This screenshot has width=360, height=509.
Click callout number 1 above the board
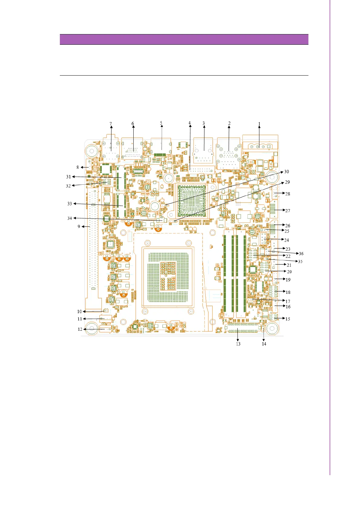pyautogui.click(x=259, y=124)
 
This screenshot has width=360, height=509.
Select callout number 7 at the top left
pyautogui.click(x=111, y=124)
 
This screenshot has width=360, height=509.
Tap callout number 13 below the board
pyautogui.click(x=238, y=344)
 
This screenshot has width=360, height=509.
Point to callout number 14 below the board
pyautogui.click(x=264, y=344)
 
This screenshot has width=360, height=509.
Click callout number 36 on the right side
pyautogui.click(x=301, y=254)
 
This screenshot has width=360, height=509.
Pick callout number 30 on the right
pyautogui.click(x=287, y=172)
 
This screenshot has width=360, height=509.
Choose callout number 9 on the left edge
pyautogui.click(x=79, y=226)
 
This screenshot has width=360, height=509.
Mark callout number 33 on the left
pyautogui.click(x=70, y=204)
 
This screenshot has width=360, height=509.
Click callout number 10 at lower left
pyautogui.click(x=79, y=312)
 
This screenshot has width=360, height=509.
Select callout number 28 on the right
pyautogui.click(x=288, y=194)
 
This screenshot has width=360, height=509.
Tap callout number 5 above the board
pyautogui.click(x=161, y=123)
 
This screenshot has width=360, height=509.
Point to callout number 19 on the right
pyautogui.click(x=288, y=280)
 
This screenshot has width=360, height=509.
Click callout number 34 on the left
pyautogui.click(x=70, y=218)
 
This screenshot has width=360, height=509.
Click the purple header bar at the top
pyautogui.click(x=184, y=40)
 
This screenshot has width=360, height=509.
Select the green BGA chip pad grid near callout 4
pyautogui.click(x=192, y=201)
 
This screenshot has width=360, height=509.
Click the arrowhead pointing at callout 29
pyautogui.click(x=283, y=183)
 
